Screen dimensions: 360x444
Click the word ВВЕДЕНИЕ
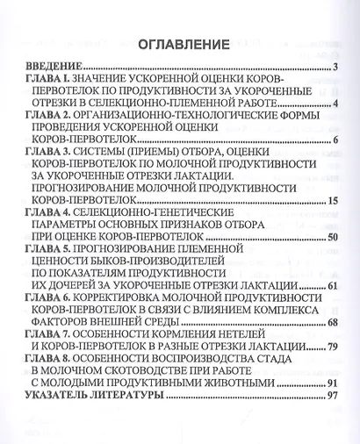(51, 67)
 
